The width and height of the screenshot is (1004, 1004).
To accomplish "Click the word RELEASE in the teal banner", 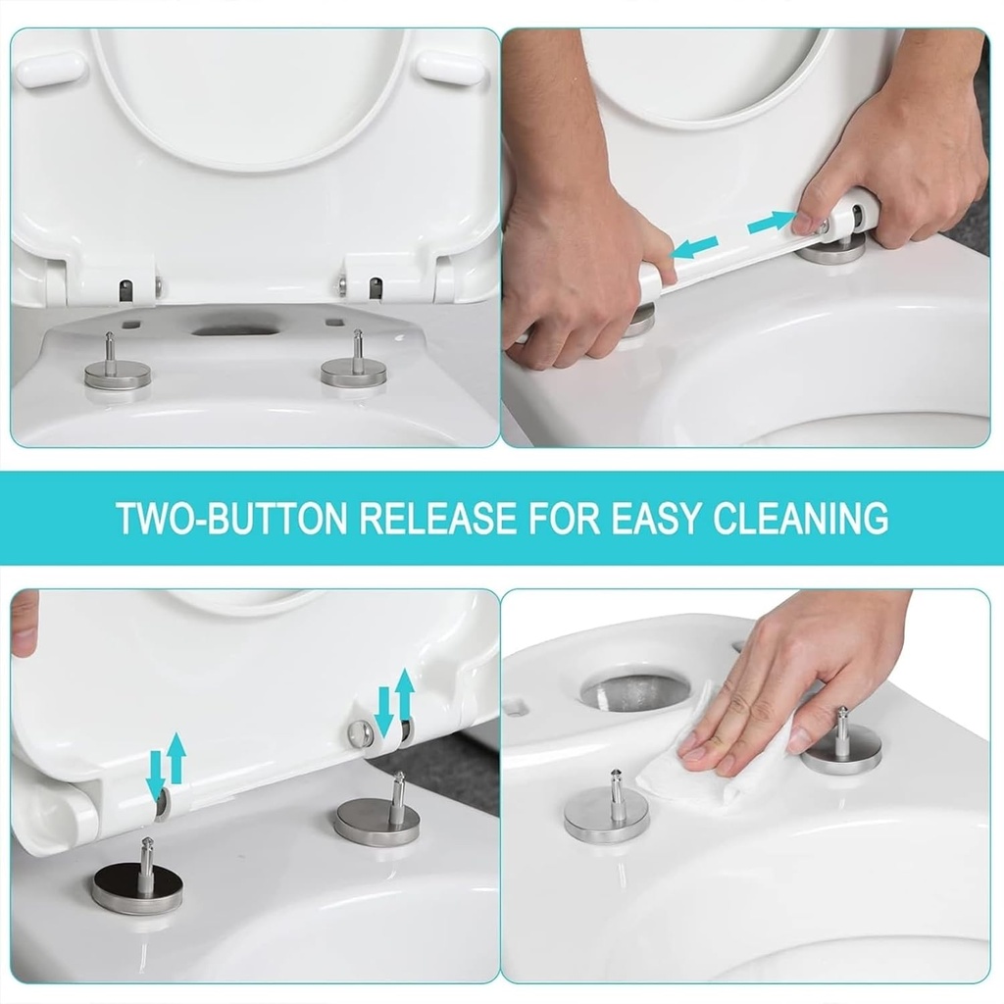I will [x=437, y=518].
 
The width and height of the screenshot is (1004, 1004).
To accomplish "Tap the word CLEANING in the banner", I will [x=801, y=518].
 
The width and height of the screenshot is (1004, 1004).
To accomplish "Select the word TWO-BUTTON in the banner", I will [x=231, y=518].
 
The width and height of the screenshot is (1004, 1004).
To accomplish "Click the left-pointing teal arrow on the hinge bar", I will [x=695, y=247].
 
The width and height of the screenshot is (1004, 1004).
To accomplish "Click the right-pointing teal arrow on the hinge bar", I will [x=772, y=223].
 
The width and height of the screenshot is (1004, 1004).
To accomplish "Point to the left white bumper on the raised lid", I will [x=51, y=70].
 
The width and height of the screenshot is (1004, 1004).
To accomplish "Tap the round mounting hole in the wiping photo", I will [x=634, y=691].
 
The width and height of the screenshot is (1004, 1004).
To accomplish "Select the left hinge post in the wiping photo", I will [x=606, y=809].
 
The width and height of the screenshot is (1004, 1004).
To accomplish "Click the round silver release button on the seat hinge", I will [x=362, y=732].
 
